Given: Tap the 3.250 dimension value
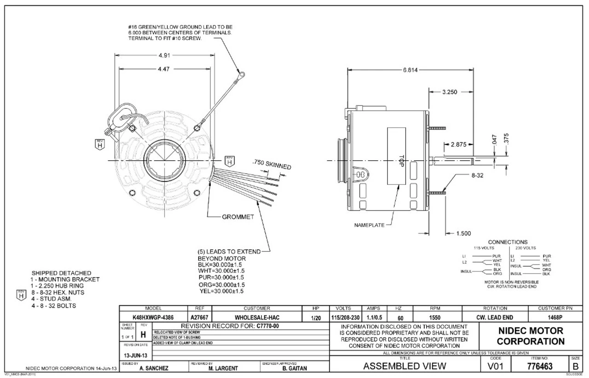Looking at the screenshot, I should coord(449,92).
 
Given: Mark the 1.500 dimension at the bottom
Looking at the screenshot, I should coord(463,233).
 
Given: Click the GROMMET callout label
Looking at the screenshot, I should coord(238,217).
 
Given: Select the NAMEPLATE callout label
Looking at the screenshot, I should coord(369,226).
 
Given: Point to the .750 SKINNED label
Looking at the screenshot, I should coord(272,165).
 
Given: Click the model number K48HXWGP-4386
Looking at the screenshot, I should coord(154,317).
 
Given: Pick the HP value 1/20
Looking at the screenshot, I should coord(316,317).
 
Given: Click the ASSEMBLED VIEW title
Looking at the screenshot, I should coord(404,366).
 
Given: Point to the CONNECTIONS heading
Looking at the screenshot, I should coord(508,242).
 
